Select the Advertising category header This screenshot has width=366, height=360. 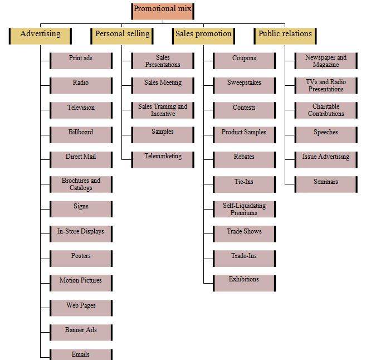pos(41,35)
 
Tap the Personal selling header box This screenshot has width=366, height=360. pos(122,35)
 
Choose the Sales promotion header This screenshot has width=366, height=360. pos(203,35)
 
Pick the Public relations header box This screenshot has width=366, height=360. pos(285,35)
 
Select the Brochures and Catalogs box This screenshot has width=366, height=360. pos(81,184)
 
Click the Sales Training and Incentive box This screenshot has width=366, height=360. pos(163,110)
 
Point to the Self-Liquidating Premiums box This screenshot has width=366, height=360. pos(244,209)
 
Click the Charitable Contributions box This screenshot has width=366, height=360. pos(326,110)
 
